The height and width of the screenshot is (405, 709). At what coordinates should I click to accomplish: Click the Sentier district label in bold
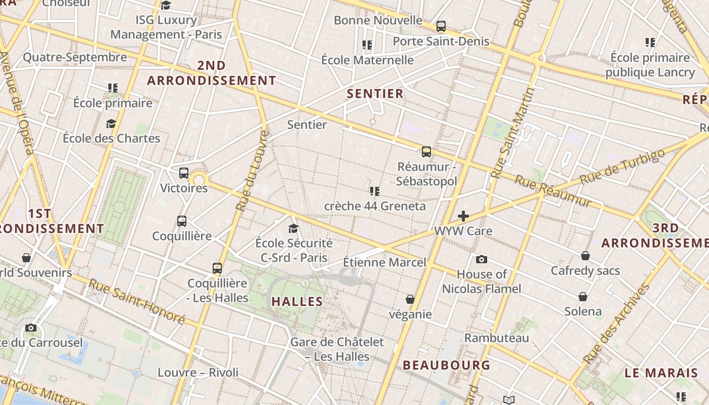[x=375, y=94]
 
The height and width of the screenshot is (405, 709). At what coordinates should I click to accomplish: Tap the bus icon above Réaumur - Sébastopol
[x=426, y=151]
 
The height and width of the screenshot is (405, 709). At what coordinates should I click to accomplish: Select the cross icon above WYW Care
[x=463, y=217]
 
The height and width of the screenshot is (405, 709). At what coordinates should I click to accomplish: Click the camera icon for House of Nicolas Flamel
[x=481, y=260]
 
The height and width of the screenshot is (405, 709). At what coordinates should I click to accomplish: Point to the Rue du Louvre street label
[x=251, y=171]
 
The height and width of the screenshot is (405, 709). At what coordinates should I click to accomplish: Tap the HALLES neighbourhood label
[x=297, y=302]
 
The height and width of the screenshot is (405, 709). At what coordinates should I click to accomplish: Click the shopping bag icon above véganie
[x=410, y=300]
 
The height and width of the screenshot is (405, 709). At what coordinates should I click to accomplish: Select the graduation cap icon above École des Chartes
[x=111, y=124]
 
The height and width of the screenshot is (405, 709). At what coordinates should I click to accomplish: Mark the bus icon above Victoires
[x=183, y=173]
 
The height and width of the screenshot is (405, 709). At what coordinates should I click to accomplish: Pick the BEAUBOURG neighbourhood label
[x=446, y=365]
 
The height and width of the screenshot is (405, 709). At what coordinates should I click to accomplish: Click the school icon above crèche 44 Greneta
[x=374, y=191]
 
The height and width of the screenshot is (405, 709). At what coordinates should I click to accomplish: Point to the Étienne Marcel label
[x=384, y=263]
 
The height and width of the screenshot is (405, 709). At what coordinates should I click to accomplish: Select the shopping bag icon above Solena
[x=583, y=297]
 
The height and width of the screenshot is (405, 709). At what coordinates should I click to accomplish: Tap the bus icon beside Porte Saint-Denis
[x=441, y=26]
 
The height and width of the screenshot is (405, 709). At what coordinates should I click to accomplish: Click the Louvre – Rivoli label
[x=198, y=373]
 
